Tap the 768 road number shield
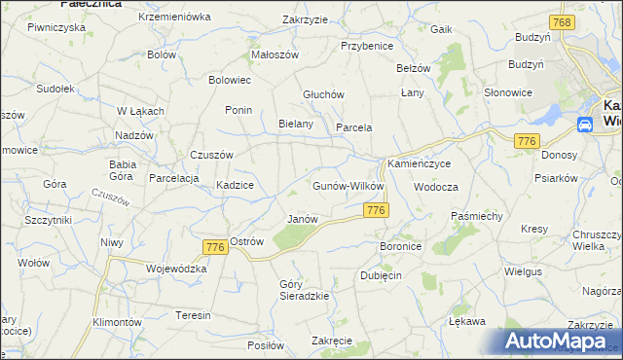(560, 21)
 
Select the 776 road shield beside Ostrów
(215, 248)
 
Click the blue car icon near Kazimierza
(585, 125)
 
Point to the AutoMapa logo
(560, 342)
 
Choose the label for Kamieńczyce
(420, 164)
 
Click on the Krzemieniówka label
(175, 17)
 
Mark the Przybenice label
(366, 46)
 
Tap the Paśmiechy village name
(476, 214)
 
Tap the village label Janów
(302, 219)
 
